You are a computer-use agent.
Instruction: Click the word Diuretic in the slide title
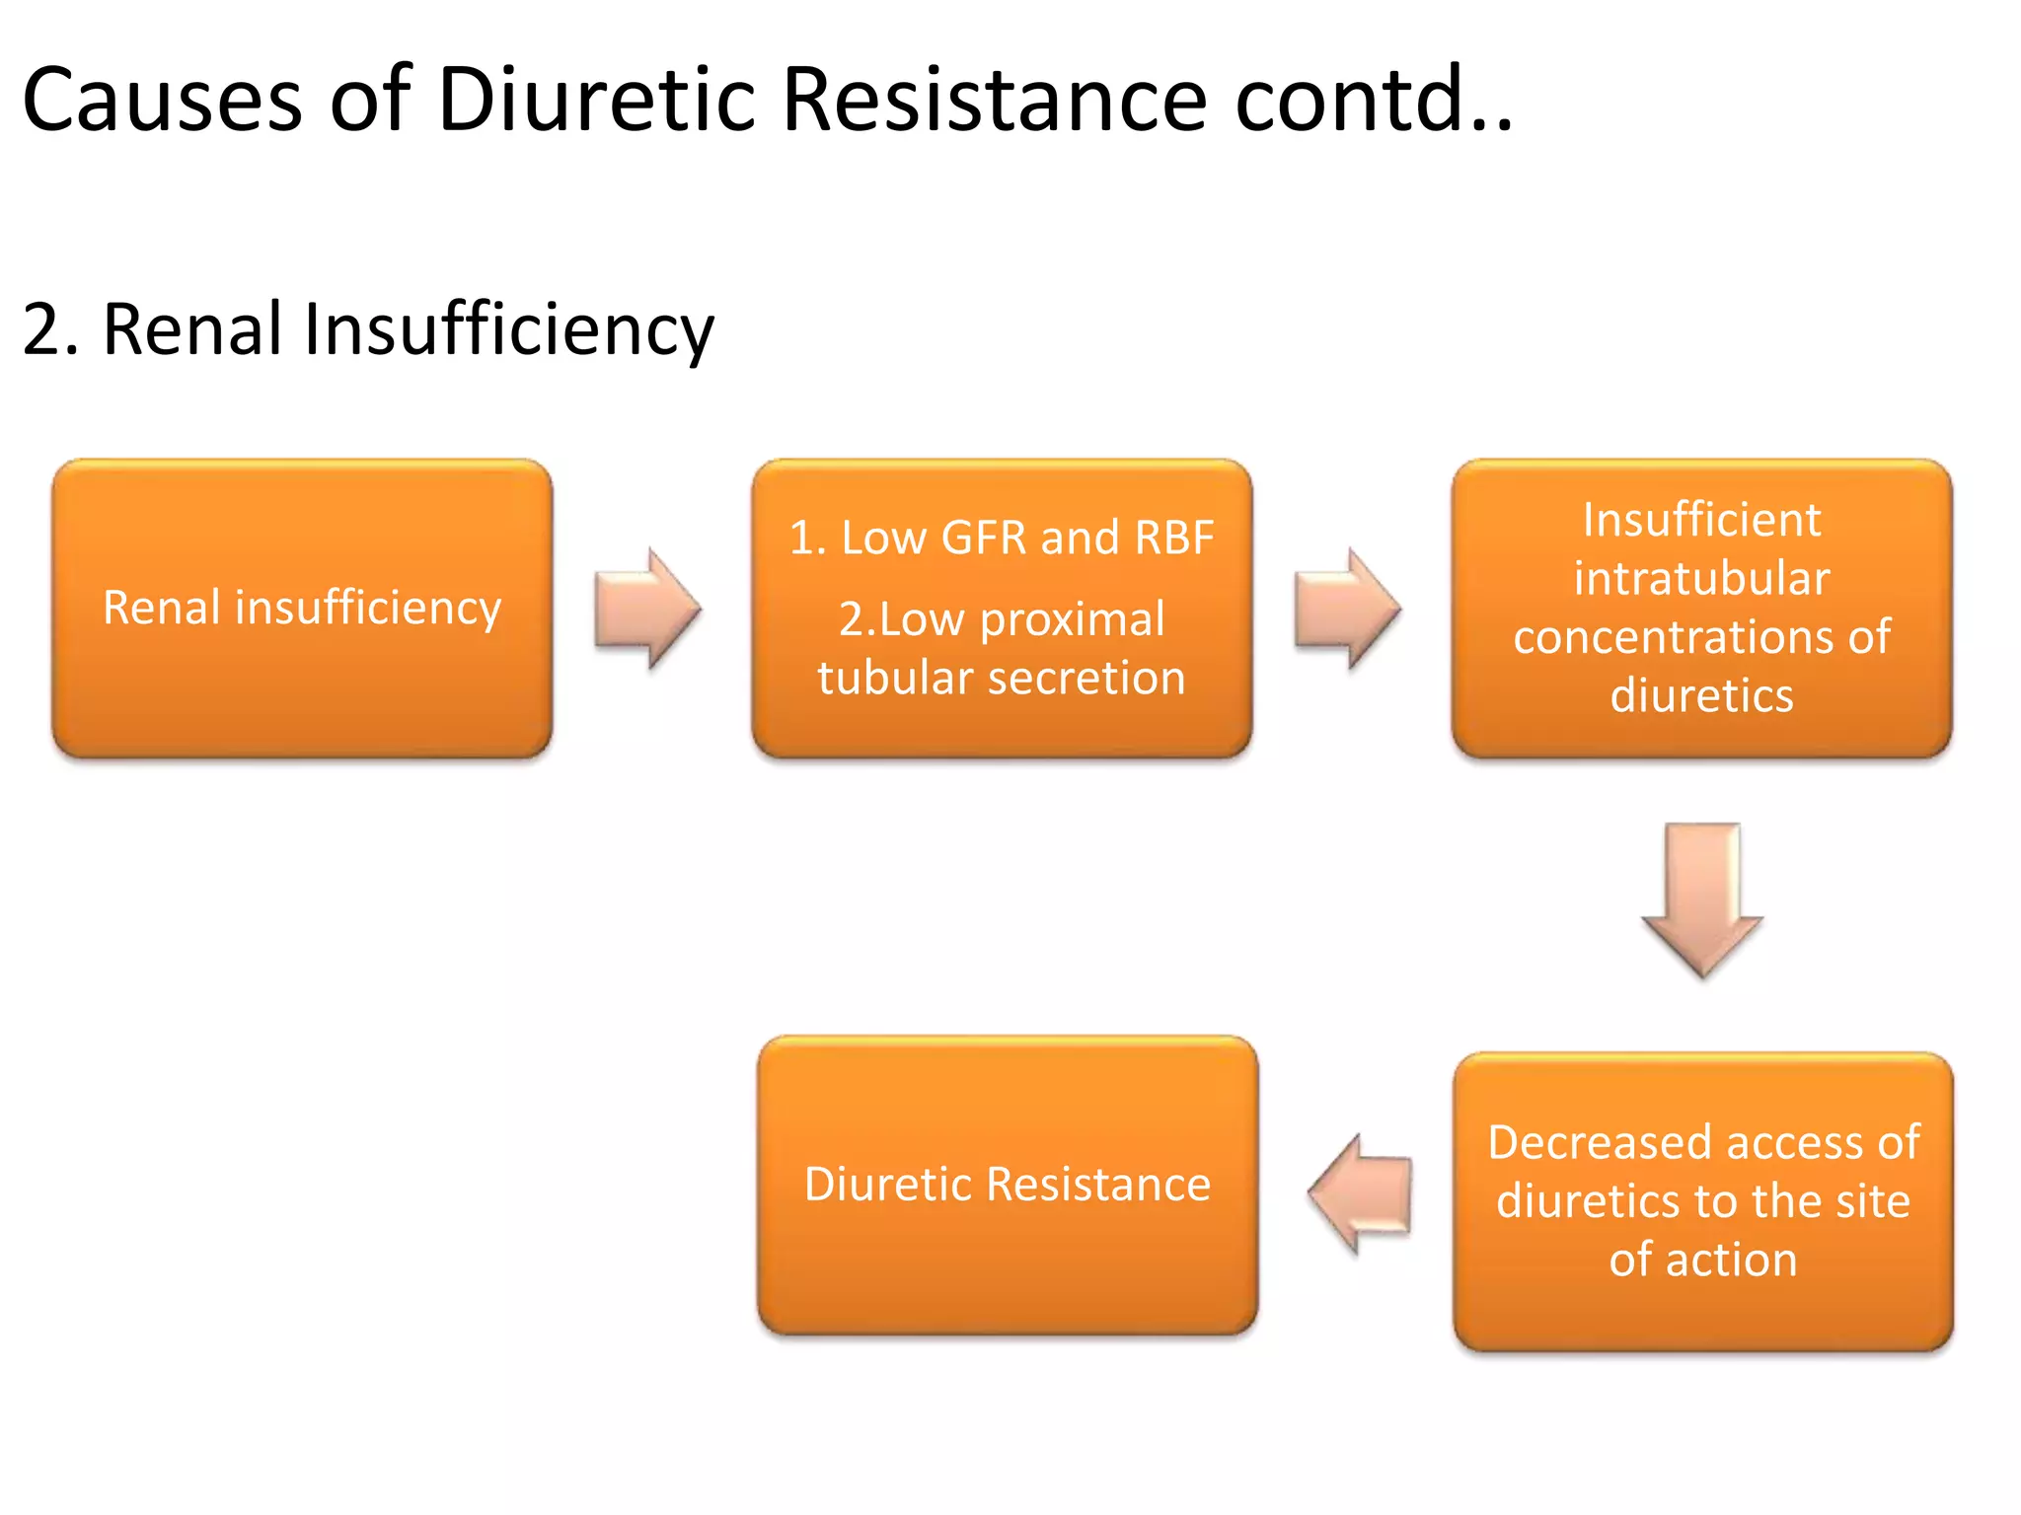[x=596, y=99]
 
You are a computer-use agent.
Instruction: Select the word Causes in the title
[x=162, y=99]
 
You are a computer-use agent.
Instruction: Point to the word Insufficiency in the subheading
[x=508, y=330]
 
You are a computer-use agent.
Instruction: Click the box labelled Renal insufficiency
[x=302, y=608]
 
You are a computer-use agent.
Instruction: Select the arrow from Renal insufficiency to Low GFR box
[x=647, y=609]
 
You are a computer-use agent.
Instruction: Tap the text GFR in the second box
[x=983, y=538]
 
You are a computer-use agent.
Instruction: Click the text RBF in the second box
[x=1173, y=538]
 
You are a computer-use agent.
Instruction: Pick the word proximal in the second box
[x=1072, y=619]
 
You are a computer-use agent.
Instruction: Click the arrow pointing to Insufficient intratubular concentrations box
[x=1347, y=609]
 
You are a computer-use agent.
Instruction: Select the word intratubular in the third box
[x=1701, y=578]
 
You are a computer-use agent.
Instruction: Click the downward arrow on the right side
[x=1702, y=899]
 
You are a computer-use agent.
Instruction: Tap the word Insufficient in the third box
[x=1701, y=520]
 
